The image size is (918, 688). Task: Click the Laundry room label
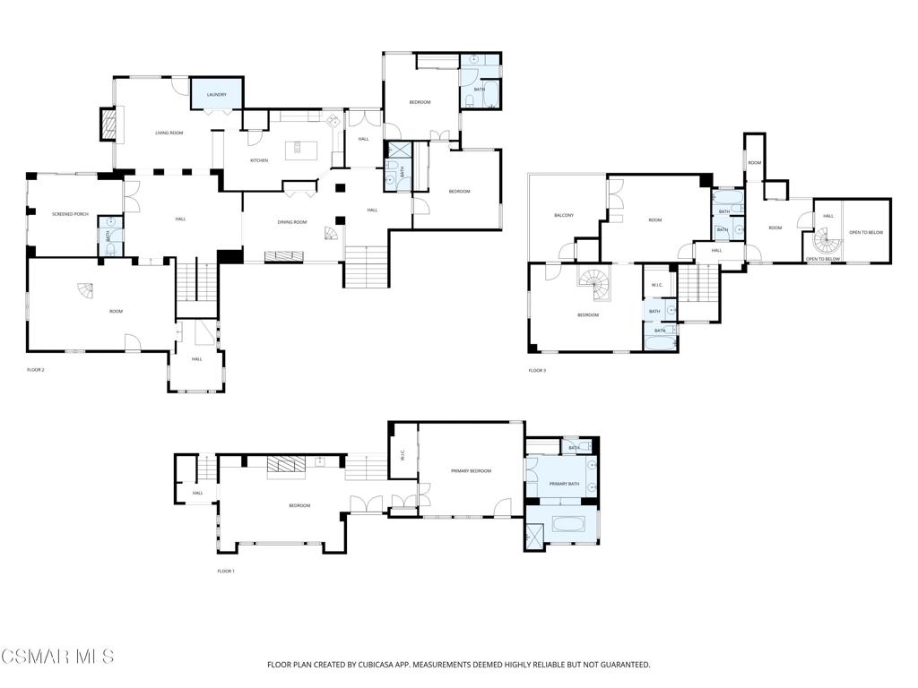pos(216,94)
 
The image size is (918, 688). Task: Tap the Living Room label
pos(169,133)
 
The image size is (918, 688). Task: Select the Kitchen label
pos(258,160)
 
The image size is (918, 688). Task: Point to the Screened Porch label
pos(70,214)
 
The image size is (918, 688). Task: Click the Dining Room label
pos(292,222)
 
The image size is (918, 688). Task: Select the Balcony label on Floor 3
pos(563,215)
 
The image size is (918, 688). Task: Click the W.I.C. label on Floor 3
pos(656,286)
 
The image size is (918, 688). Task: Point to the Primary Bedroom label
pos(471,470)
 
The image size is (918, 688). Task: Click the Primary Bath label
pos(564,484)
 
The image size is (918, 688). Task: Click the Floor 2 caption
pos(36,369)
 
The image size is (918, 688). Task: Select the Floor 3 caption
pos(537,370)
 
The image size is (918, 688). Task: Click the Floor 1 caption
pos(226,571)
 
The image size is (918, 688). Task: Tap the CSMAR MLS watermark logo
pos(57,658)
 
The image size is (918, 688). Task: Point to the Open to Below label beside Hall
pos(866,232)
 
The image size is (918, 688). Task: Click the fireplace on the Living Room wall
pos(108,125)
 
